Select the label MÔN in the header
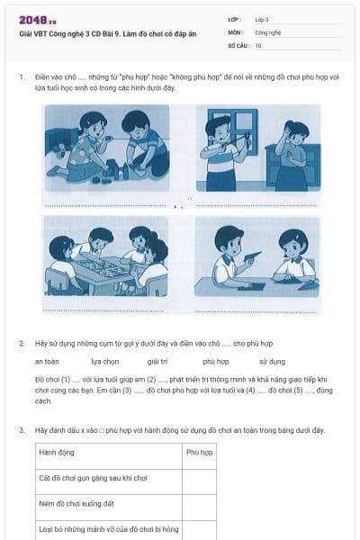pos(235,31)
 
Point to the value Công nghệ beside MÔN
pos(269,31)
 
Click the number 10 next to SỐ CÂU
pos(259,45)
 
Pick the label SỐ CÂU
pos(238,45)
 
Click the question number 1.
pos(21,77)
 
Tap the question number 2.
pos(21,344)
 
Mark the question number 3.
pos(21,430)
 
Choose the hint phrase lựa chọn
pos(105,361)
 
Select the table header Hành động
pos(56,452)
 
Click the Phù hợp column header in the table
pos(199,452)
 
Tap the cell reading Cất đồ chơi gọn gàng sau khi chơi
pos(92,478)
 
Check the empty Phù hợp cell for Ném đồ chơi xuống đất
pos(199,504)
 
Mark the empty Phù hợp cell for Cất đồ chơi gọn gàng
pos(199,478)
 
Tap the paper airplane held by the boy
pos(253,256)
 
